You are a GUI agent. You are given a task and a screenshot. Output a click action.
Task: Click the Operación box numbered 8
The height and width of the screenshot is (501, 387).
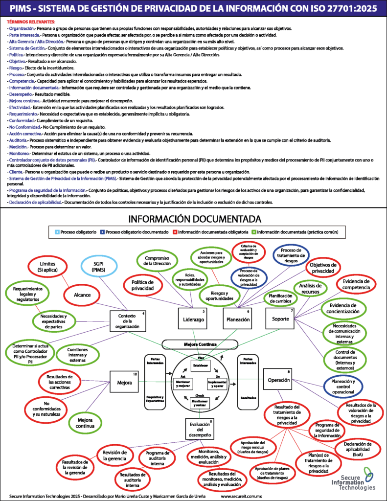279,379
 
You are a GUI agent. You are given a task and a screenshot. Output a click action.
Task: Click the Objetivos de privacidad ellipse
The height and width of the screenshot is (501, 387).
323,268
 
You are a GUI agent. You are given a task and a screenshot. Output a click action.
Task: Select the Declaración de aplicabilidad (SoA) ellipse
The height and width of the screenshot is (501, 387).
359,448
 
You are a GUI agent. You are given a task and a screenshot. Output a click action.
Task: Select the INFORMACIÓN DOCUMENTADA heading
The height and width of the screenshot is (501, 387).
194,218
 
